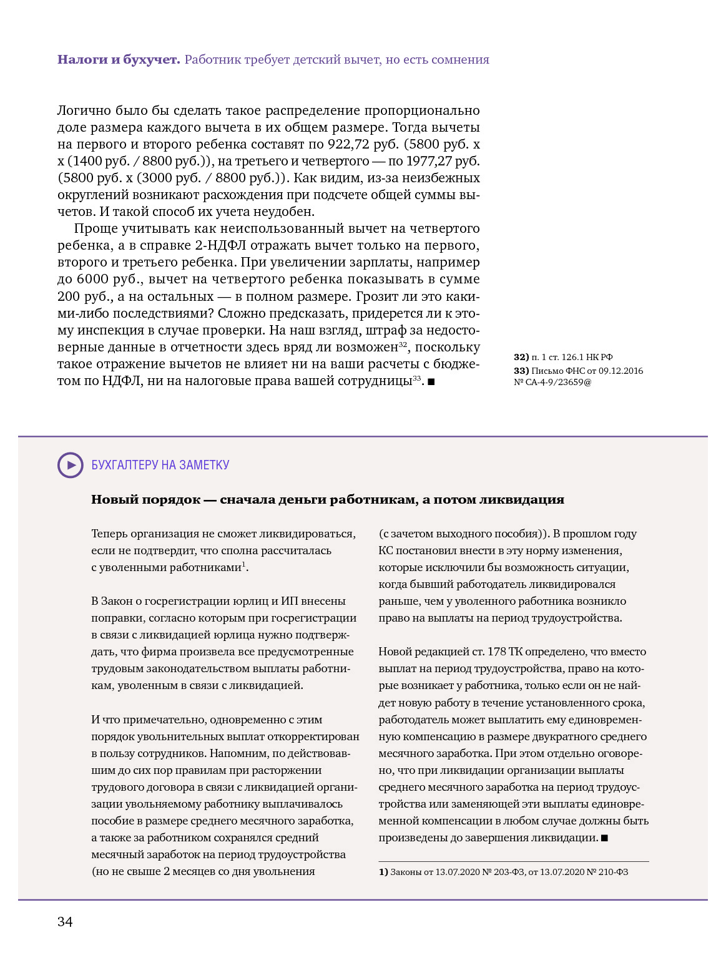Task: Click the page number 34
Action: pyautogui.click(x=65, y=922)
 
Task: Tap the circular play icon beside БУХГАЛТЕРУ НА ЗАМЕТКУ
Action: pyautogui.click(x=71, y=465)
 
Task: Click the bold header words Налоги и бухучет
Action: pyautogui.click(x=119, y=60)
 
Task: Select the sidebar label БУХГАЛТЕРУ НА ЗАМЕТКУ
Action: pyautogui.click(x=160, y=465)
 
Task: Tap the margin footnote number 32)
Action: pyautogui.click(x=521, y=357)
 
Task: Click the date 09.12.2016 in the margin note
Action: pyautogui.click(x=621, y=371)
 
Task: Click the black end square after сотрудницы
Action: pyautogui.click(x=431, y=381)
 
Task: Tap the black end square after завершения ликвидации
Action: pyautogui.click(x=604, y=838)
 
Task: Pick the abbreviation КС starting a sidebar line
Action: pyautogui.click(x=386, y=550)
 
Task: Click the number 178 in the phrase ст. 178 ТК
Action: pyautogui.click(x=496, y=652)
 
